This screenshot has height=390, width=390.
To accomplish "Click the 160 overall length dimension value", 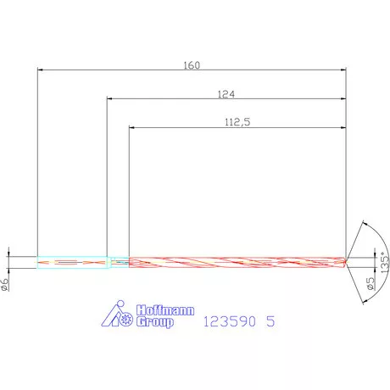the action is (192, 65).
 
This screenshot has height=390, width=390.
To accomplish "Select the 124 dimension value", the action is (226, 94).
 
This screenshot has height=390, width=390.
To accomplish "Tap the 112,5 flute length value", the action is (237, 122).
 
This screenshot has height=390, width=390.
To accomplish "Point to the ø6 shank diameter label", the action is (5, 284).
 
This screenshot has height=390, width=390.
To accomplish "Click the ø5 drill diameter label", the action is (370, 283).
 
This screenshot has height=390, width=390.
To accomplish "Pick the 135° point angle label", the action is (385, 263).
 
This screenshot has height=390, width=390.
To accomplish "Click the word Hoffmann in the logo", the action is (165, 310).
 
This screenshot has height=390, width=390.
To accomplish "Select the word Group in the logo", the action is (155, 322).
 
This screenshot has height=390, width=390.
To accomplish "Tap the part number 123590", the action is (230, 321).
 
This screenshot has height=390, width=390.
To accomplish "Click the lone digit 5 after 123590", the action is (270, 321).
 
